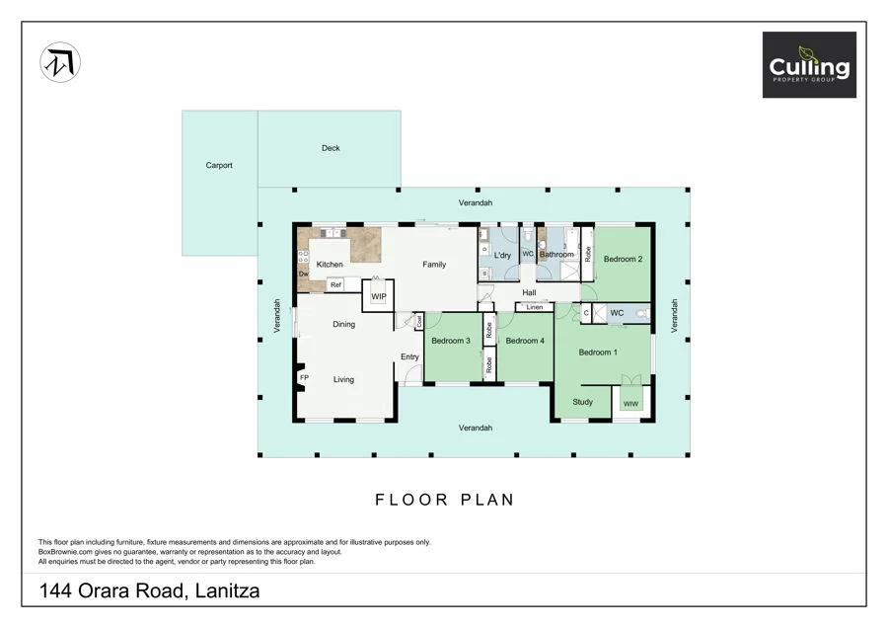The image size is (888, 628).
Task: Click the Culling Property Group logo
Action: point(808,65)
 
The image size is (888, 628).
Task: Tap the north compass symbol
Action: point(60,63)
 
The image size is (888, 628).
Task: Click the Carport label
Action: point(219,166)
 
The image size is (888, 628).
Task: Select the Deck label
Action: point(331,148)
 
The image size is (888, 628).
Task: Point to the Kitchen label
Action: point(330,265)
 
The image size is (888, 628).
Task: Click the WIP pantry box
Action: point(378,296)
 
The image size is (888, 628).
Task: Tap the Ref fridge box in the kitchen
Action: point(335,284)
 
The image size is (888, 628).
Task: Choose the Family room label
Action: point(434,265)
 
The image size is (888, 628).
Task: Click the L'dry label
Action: point(502,256)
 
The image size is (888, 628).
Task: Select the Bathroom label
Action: point(556,255)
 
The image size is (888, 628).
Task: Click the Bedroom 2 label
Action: point(624,260)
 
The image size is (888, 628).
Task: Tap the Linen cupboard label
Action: point(534,307)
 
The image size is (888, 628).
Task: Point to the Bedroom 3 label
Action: point(450,341)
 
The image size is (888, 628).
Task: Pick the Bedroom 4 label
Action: point(525,341)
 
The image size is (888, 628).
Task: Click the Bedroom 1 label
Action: point(598,353)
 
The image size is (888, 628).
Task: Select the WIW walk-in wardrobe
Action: point(629,403)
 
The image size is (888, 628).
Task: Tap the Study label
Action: point(582,402)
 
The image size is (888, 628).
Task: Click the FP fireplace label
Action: point(304,378)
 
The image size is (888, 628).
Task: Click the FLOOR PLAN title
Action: point(444,500)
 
